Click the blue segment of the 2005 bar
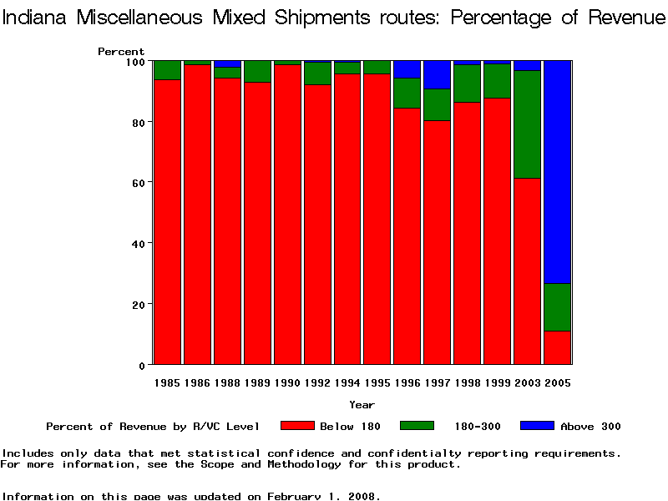[x=557, y=172]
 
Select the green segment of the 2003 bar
[x=527, y=124]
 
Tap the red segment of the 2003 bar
[x=527, y=271]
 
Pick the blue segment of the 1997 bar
[x=437, y=74]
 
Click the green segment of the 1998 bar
[x=467, y=83]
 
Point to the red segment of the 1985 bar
[x=168, y=222]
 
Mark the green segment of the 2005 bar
[x=557, y=307]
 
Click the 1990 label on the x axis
[x=287, y=382]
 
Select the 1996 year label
[x=407, y=382]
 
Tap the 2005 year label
[x=557, y=382]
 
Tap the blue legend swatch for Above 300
[x=537, y=426]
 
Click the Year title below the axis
[x=362, y=405]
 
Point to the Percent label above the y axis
[x=121, y=52]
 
